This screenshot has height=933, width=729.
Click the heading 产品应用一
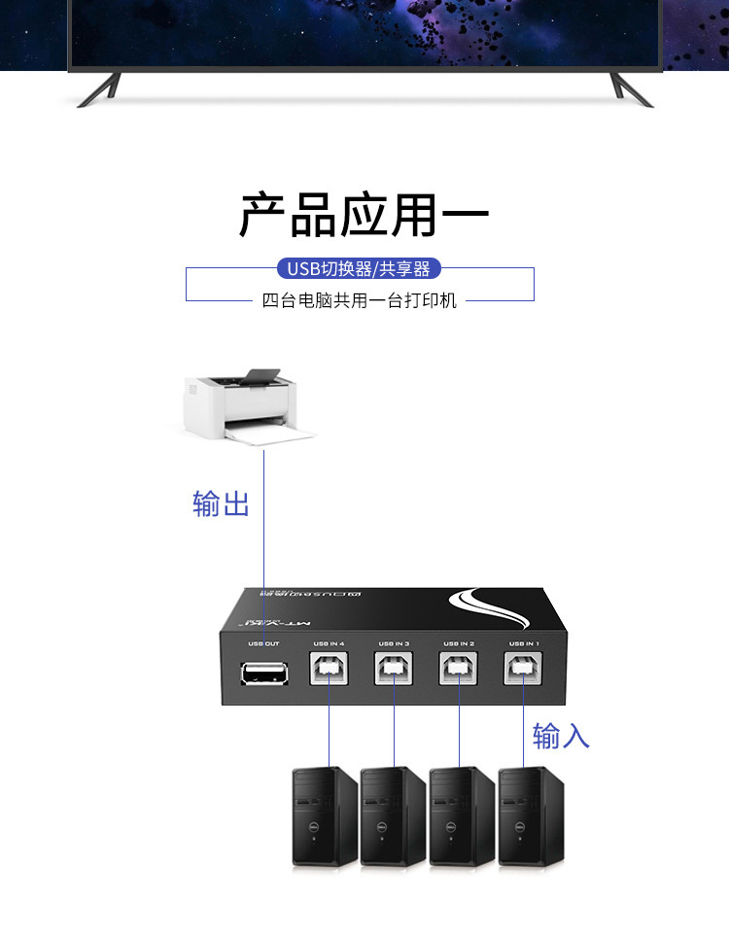364,216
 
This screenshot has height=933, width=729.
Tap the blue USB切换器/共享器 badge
359,269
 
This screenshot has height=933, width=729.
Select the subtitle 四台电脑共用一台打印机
360,301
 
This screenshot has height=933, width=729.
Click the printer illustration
251,408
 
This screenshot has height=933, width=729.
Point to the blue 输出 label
222,504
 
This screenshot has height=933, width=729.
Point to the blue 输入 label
561,736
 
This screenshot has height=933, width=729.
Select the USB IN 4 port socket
329,670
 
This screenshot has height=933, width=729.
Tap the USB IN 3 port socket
394,670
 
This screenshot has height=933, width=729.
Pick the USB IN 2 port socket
459,670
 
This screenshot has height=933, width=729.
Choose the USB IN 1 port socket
524,670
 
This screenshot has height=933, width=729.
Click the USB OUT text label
263,643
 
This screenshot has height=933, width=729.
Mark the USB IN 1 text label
524,643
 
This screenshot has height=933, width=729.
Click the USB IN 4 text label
329,643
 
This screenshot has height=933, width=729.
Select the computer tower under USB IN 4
326,817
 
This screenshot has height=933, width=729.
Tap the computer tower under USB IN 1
531,817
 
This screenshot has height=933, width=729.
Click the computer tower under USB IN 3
394,817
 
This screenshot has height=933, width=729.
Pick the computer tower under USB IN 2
462,817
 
